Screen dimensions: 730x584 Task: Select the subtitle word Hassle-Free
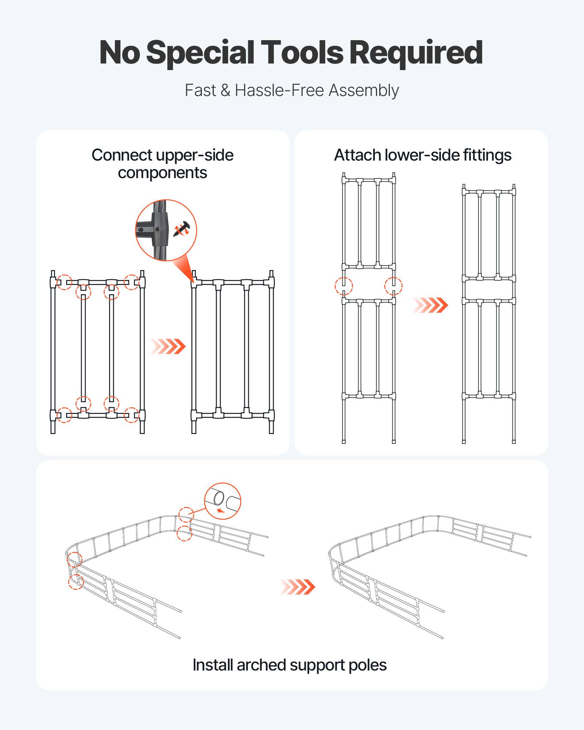[280, 90]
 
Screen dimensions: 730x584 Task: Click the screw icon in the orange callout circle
[182, 229]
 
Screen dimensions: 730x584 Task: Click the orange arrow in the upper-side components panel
[168, 346]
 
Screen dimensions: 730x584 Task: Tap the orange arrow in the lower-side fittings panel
[430, 305]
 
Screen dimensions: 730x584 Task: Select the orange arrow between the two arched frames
[297, 587]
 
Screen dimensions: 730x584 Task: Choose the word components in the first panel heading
[162, 173]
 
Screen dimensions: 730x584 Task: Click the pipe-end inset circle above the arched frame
[223, 501]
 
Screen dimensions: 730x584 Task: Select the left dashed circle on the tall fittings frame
[344, 286]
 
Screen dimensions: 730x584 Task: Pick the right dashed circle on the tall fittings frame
[393, 286]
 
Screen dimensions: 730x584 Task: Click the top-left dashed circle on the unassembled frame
[65, 282]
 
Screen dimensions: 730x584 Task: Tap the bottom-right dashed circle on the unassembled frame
[131, 415]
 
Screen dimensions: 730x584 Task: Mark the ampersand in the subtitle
[225, 90]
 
